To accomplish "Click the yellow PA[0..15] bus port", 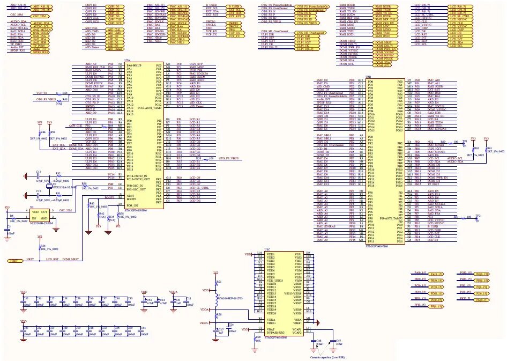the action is tap(437, 274).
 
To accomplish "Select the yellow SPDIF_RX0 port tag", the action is tap(39, 51).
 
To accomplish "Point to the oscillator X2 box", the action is tap(25, 215).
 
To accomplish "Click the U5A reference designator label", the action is tap(127, 61).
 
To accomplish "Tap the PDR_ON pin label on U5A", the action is tap(132, 205).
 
